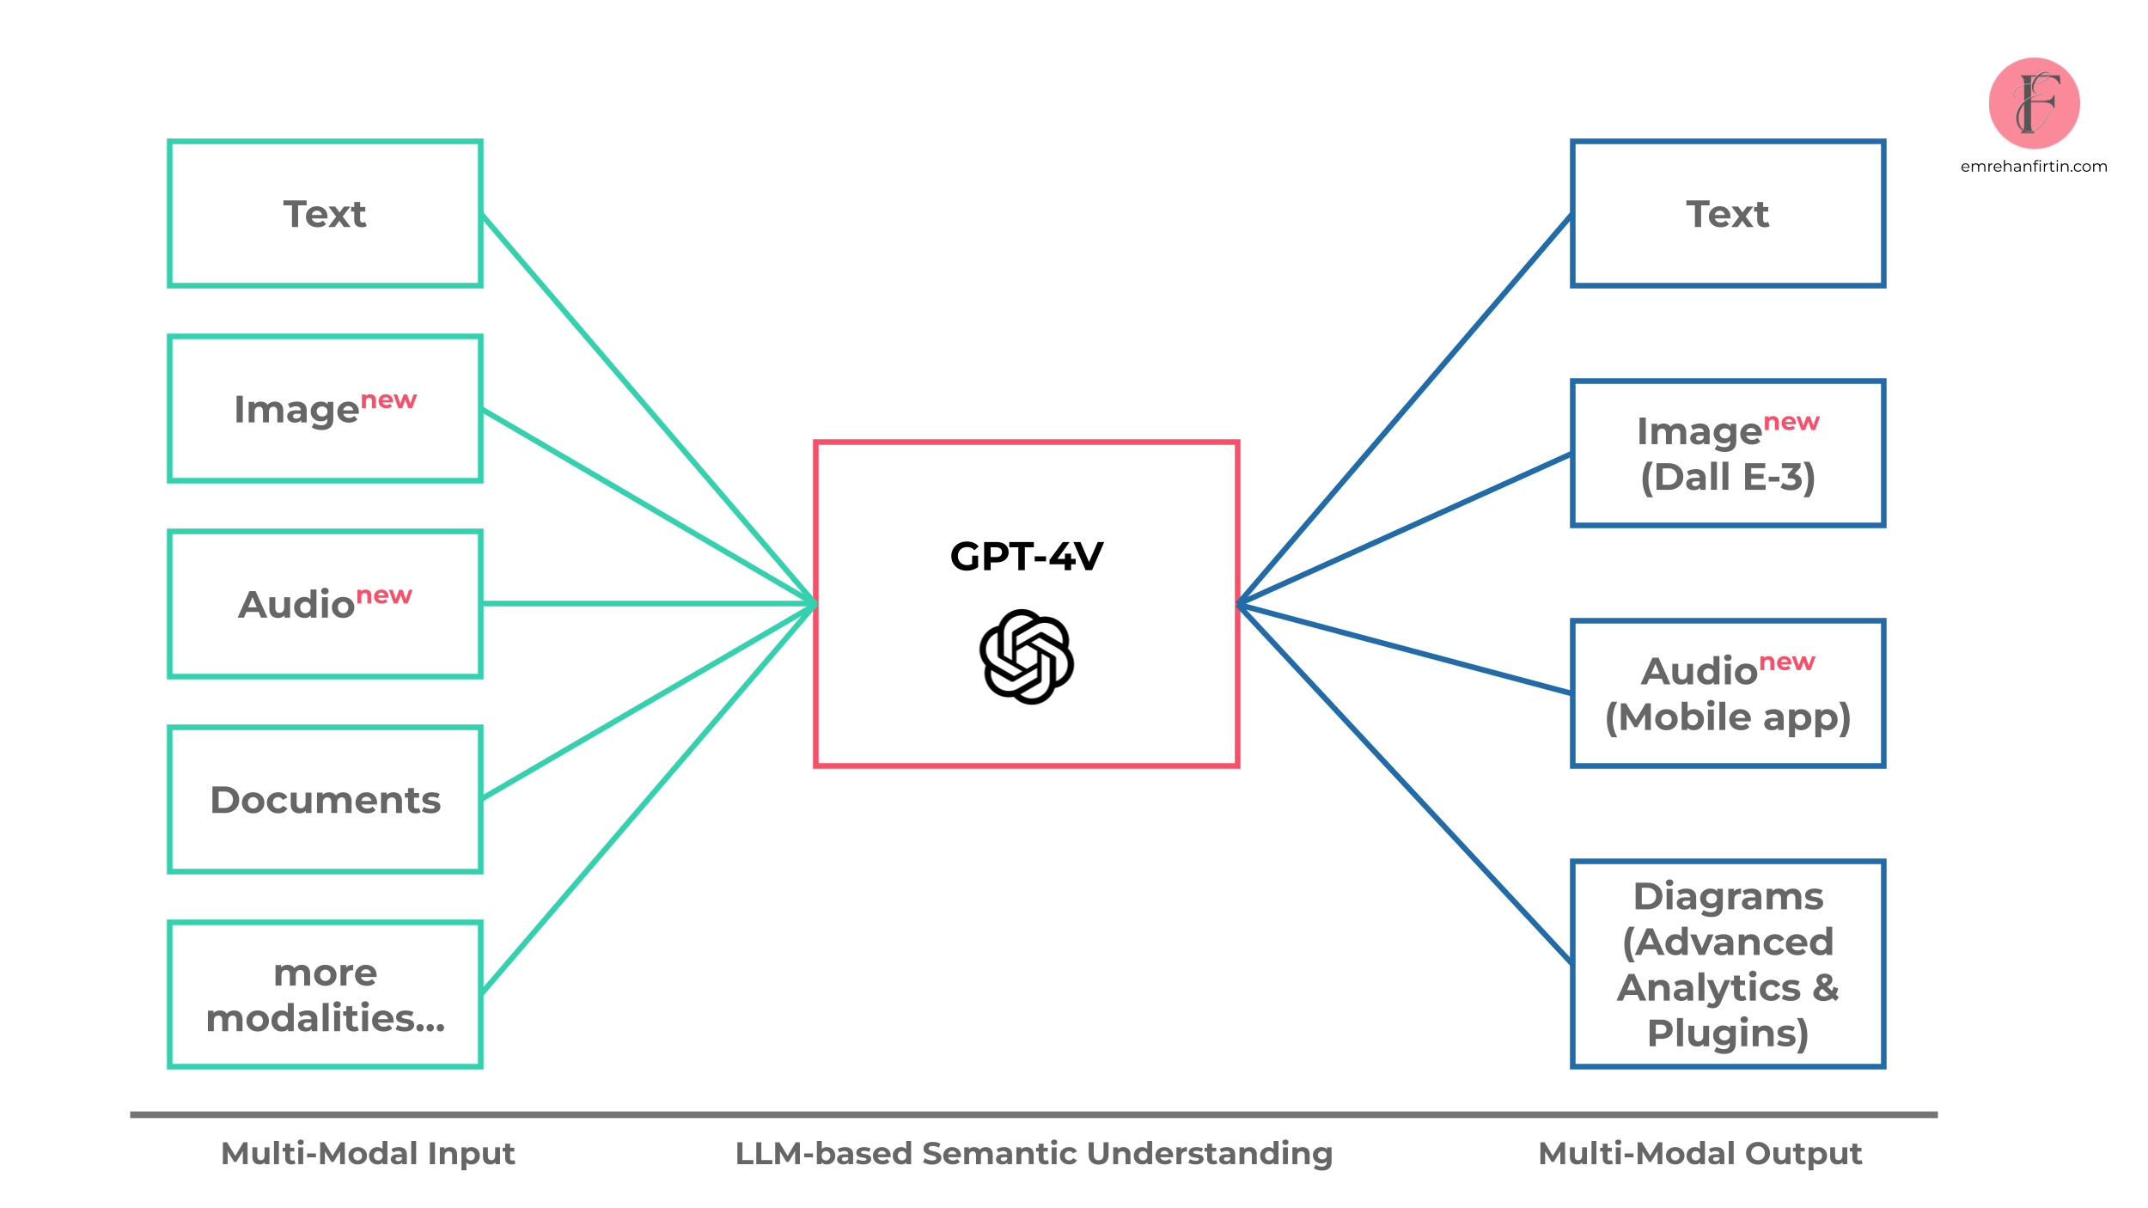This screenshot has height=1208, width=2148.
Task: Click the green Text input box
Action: [325, 213]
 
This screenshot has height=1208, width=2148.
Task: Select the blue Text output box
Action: [1727, 213]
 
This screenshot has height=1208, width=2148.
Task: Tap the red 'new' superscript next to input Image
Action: [388, 400]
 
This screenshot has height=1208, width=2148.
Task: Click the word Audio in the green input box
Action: [296, 605]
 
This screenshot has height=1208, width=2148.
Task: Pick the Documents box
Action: [325, 800]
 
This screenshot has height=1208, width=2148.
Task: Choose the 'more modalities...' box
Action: [325, 995]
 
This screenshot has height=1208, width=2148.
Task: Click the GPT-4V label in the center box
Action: [1026, 557]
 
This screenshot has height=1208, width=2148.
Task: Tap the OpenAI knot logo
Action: [1026, 657]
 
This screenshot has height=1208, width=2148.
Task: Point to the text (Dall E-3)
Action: [1727, 478]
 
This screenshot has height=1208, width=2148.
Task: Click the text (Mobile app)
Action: [1727, 717]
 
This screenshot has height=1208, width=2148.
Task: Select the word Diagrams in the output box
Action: [1727, 896]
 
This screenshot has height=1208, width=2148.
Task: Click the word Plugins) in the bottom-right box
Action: [1727, 1033]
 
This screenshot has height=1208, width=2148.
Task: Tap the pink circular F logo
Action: [2034, 103]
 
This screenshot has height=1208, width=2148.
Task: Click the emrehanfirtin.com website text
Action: [2034, 167]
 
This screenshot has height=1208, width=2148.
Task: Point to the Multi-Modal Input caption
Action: [368, 1153]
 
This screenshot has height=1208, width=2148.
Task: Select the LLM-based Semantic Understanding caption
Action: [1034, 1153]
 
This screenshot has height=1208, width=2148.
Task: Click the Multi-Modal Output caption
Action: [1699, 1153]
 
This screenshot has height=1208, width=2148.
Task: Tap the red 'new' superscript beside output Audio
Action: [1786, 662]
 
